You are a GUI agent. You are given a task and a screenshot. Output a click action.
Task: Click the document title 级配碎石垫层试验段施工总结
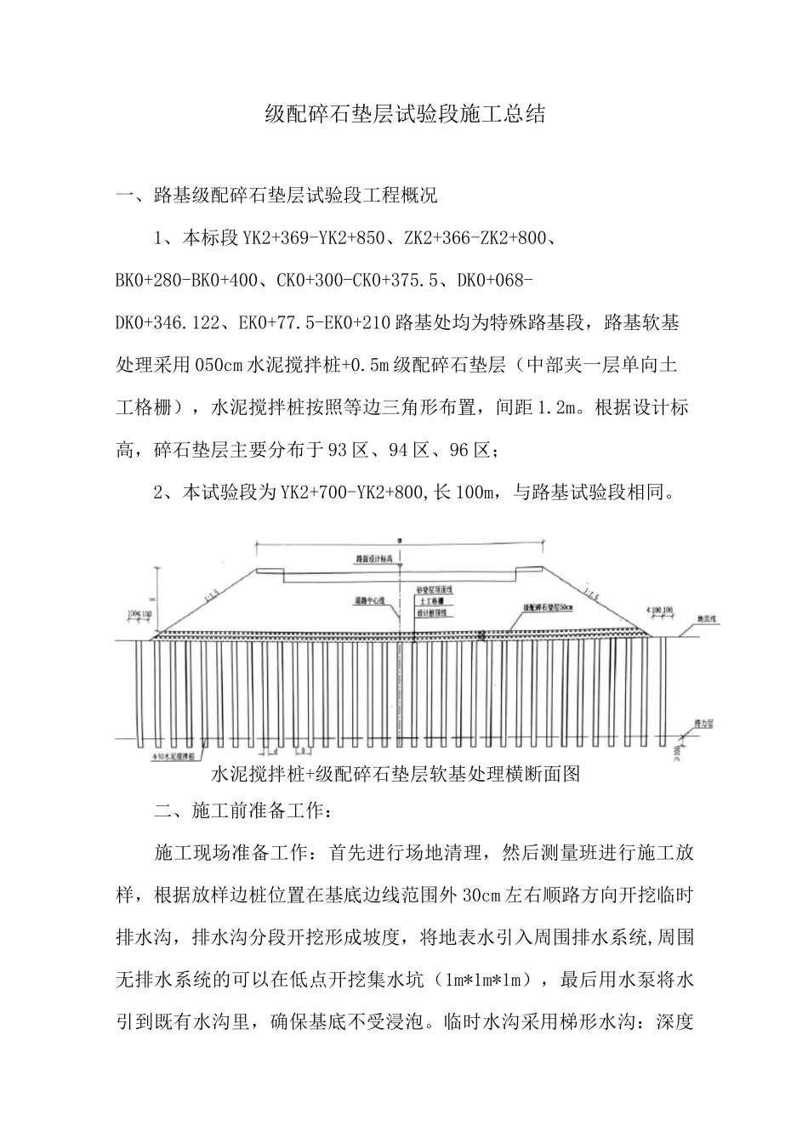(x=404, y=115)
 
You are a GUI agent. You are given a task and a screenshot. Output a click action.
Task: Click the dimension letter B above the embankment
(x=400, y=539)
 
